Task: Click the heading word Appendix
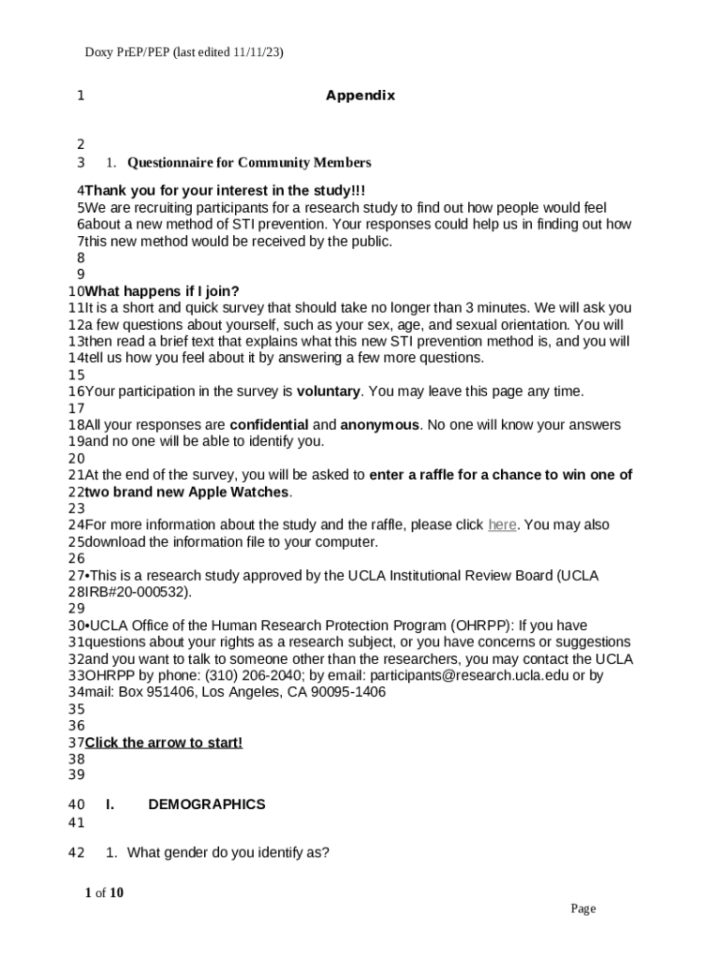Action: click(360, 96)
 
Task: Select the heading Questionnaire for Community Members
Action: click(249, 163)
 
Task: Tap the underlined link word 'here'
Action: click(502, 525)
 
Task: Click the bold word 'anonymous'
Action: click(379, 425)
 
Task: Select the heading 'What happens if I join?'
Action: click(162, 291)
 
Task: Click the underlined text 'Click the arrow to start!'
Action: click(164, 743)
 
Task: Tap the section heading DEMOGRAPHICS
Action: click(207, 804)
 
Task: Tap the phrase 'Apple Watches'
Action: click(243, 493)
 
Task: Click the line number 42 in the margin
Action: click(77, 853)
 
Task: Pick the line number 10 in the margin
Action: click(77, 291)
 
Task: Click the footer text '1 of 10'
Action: click(104, 893)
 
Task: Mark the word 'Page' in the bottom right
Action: click(583, 908)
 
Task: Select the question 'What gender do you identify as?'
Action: click(228, 853)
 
